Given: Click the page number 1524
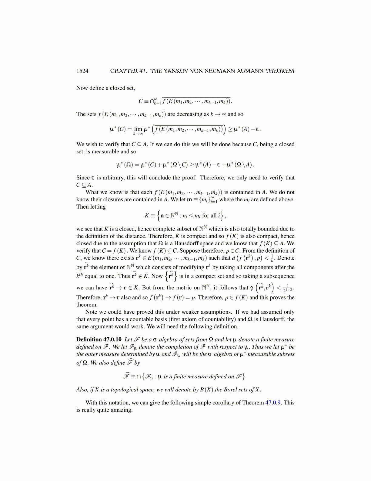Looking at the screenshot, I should coord(82,71).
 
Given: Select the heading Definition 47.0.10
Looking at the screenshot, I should coord(99,339).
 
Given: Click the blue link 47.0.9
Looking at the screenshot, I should coord(274,403).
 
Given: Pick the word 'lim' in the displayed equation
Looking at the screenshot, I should coord(138,129).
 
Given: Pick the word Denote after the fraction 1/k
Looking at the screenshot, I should coord(286,258).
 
